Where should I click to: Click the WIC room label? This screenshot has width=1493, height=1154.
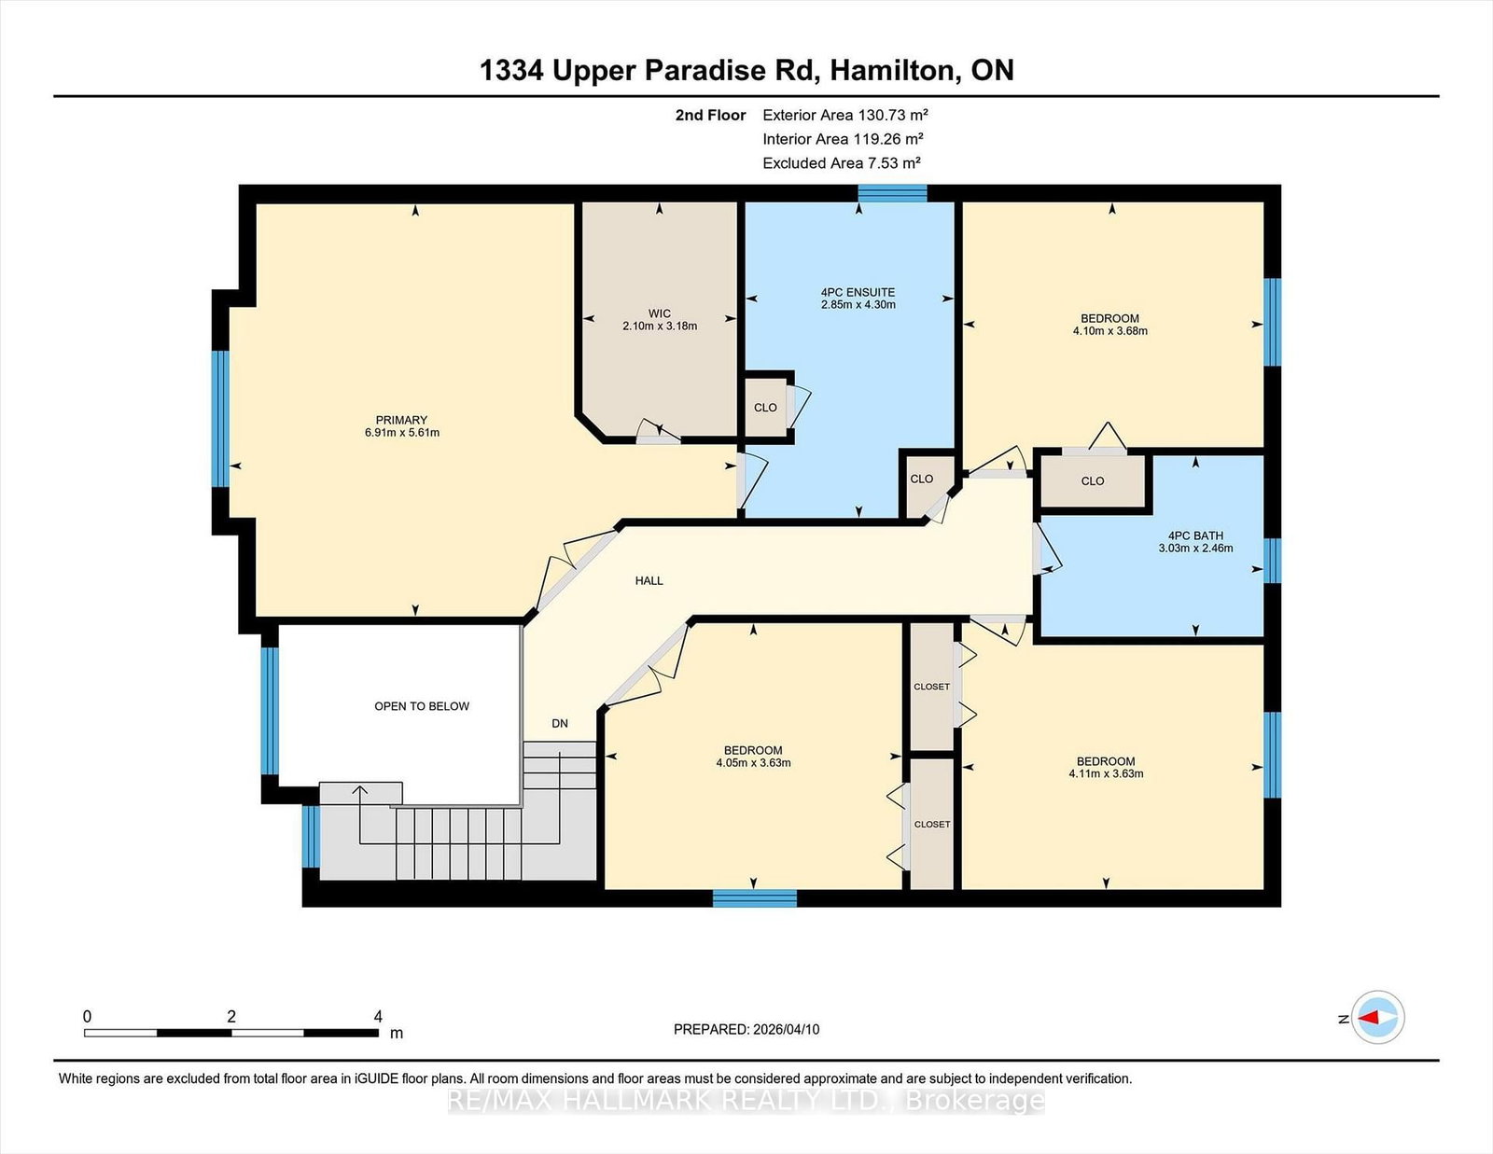[x=660, y=313]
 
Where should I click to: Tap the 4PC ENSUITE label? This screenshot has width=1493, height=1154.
[x=858, y=292]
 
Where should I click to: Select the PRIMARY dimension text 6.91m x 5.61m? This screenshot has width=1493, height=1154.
[x=401, y=433]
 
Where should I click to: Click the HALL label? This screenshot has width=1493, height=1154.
[x=649, y=580]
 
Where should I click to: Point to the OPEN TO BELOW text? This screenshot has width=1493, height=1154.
[x=422, y=706]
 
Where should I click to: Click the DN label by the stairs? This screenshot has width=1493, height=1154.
[x=560, y=723]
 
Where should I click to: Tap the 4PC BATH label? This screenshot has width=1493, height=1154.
[x=1195, y=535]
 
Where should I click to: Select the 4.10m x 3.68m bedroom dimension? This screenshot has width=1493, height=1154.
[x=1109, y=330]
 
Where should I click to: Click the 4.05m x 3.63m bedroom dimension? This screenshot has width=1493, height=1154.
[x=753, y=762]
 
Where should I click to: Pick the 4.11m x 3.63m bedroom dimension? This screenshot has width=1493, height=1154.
[x=1106, y=773]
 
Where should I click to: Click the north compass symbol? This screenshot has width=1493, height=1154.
[x=1378, y=1018]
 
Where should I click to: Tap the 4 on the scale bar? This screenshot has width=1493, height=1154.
[x=378, y=1016]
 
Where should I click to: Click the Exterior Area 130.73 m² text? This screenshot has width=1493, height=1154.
[x=844, y=115]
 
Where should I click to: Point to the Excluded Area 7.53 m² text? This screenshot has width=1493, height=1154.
[x=841, y=162]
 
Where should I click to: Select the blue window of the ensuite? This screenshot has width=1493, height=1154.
[x=892, y=193]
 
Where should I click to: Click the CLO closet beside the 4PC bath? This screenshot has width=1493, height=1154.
[x=1093, y=481]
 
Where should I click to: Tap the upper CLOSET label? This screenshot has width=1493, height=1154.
[x=931, y=687]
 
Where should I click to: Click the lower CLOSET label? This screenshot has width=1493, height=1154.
[x=932, y=824]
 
